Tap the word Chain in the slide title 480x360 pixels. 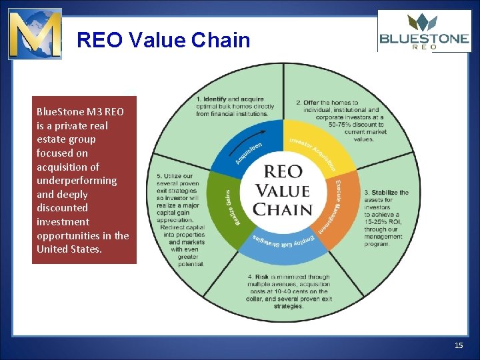[x=220, y=41]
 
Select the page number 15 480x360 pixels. [x=458, y=345]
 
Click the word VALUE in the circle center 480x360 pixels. [x=284, y=191]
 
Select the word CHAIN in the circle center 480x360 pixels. [x=284, y=209]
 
